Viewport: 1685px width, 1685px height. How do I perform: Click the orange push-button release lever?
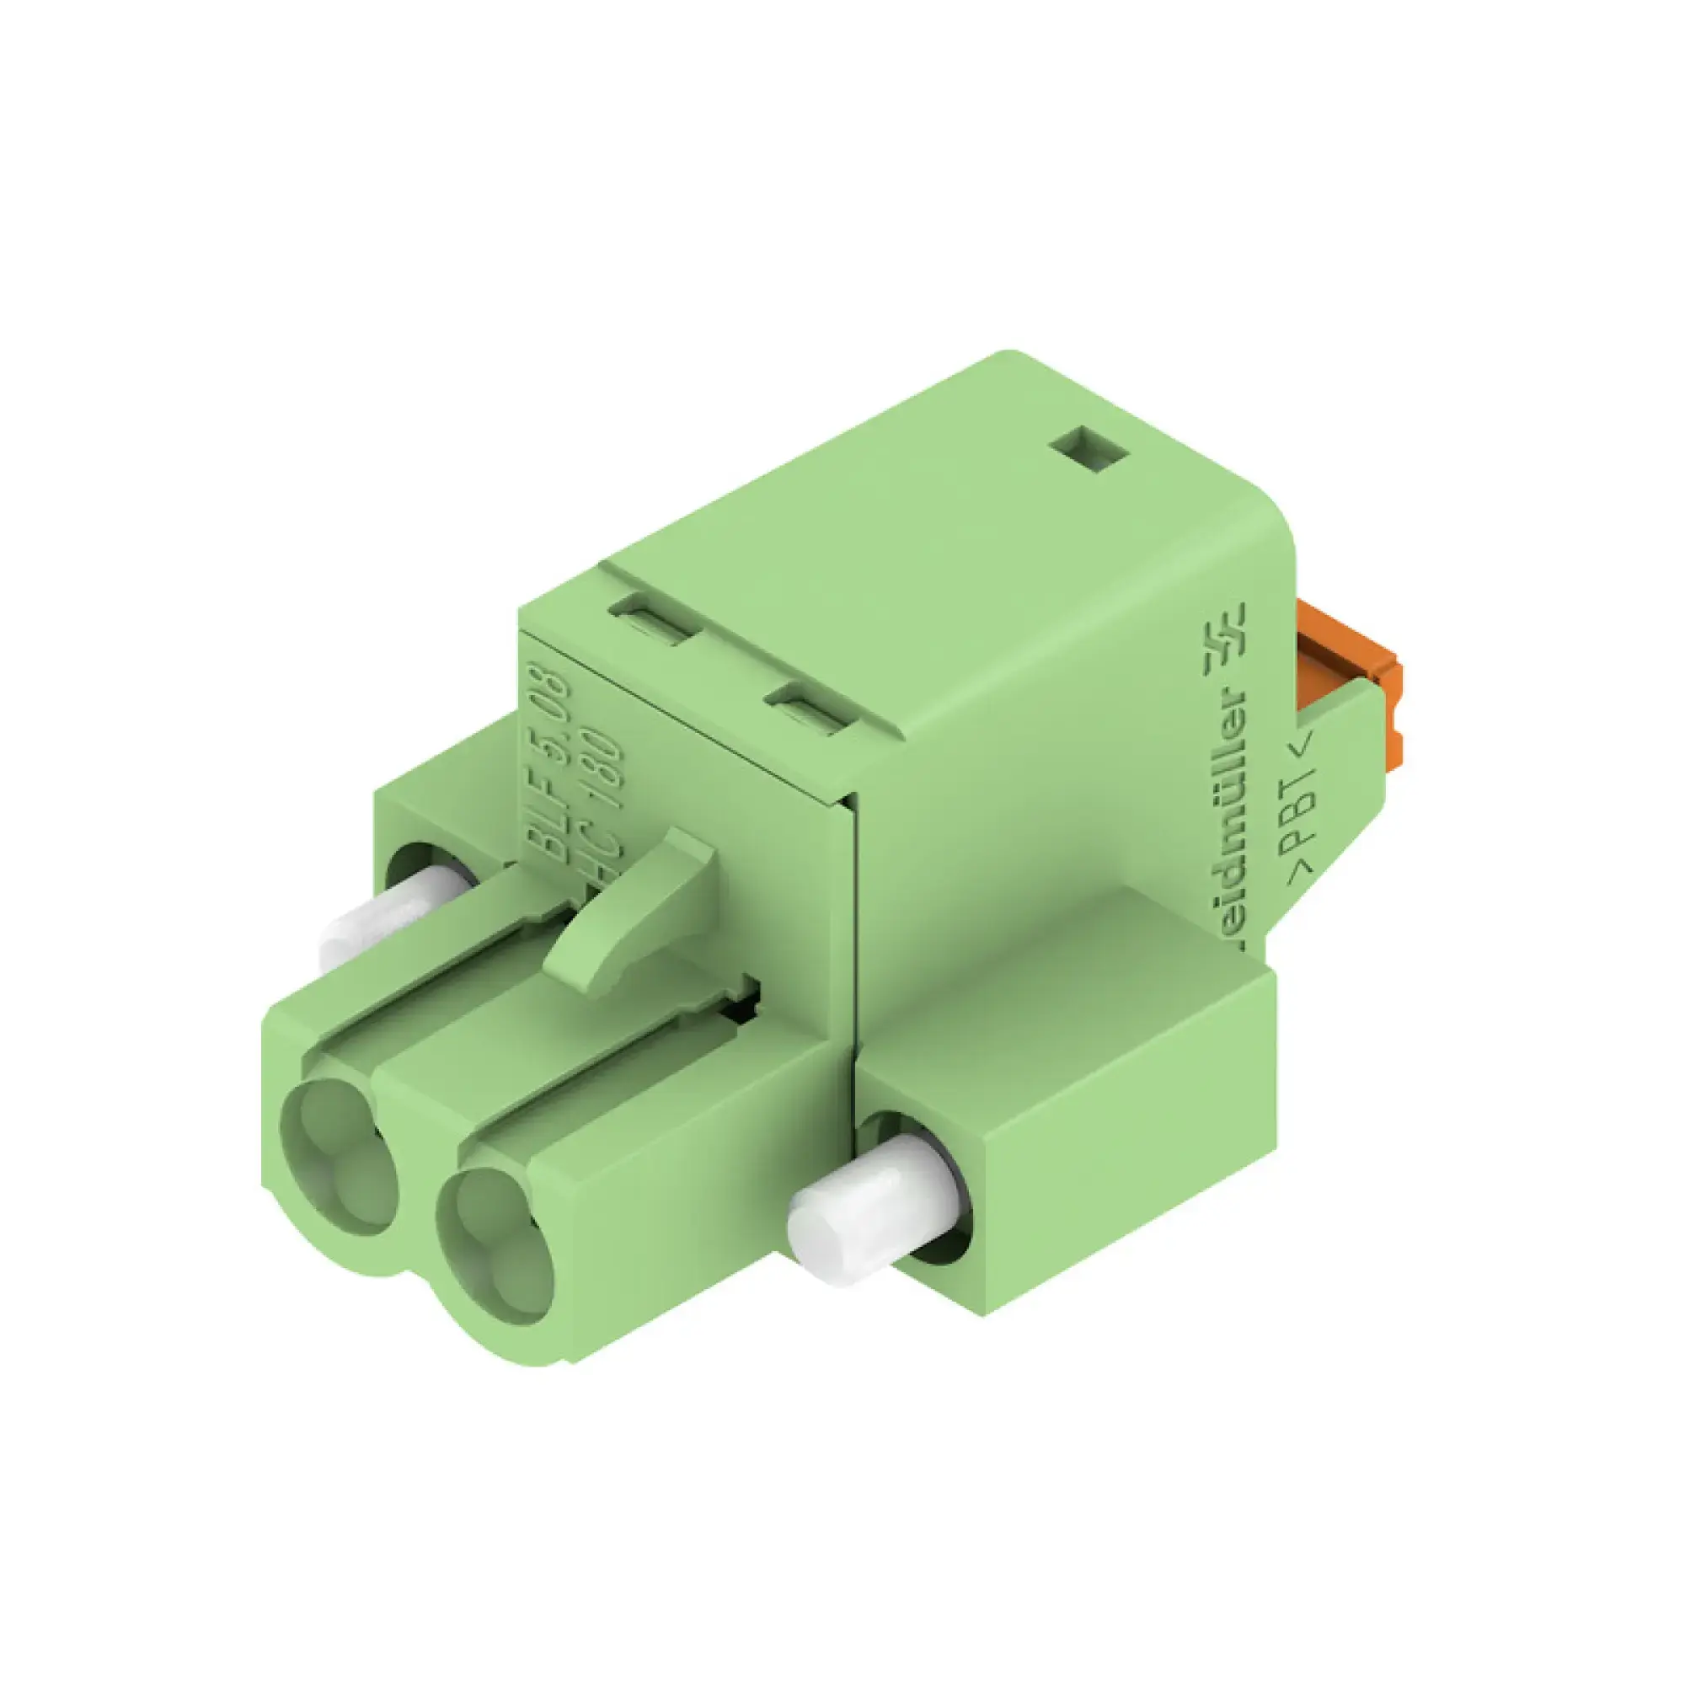pos(1348,676)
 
